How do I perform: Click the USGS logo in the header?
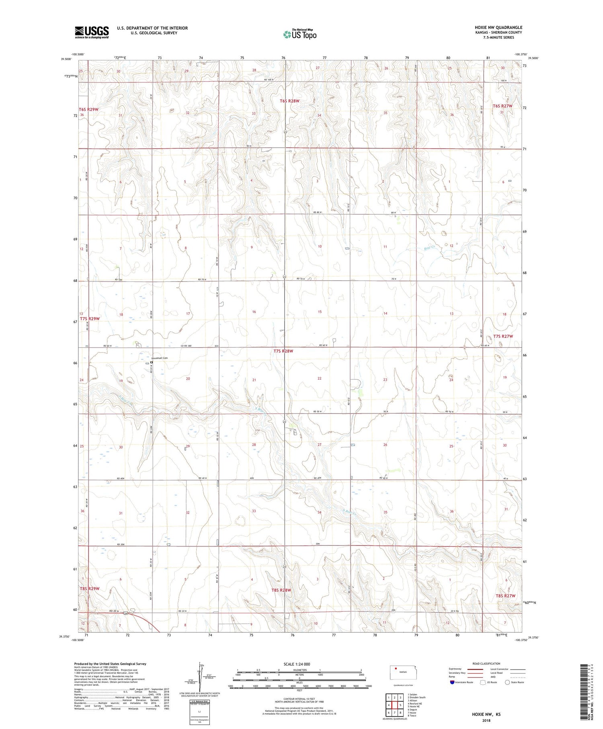click(x=92, y=32)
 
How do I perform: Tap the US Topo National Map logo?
click(x=299, y=35)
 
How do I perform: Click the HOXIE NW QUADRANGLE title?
click(x=498, y=27)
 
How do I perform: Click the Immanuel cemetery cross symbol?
click(x=152, y=362)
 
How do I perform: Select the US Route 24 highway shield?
click(x=126, y=614)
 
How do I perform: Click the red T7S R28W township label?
click(x=283, y=351)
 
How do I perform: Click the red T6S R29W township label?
click(x=88, y=109)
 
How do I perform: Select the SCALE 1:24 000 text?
click(x=297, y=664)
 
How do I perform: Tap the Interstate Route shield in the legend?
click(x=452, y=682)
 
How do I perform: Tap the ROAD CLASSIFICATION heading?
click(x=486, y=663)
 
